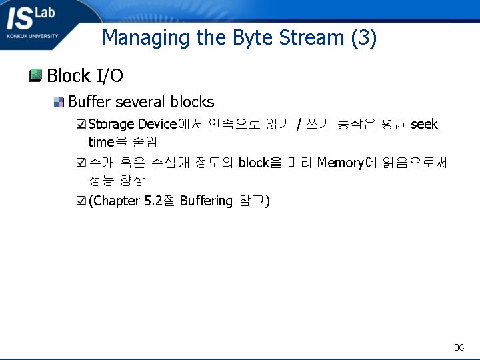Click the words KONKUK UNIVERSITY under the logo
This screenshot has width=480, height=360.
click(32, 36)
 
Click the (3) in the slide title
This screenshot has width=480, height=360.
click(363, 37)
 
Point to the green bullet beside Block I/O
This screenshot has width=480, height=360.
click(36, 75)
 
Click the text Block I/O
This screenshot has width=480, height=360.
click(85, 76)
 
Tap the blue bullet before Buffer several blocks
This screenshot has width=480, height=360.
click(59, 102)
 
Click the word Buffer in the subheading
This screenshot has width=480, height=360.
click(89, 102)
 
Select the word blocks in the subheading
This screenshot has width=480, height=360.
click(192, 102)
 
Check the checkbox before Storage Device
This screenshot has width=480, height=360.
click(81, 124)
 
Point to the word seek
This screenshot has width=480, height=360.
click(424, 124)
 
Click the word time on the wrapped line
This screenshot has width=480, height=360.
click(101, 142)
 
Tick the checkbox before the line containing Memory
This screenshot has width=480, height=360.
click(81, 162)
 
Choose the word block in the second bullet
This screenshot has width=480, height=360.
click(253, 162)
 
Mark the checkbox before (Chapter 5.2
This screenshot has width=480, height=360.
click(81, 201)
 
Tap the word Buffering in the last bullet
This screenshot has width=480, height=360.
click(206, 201)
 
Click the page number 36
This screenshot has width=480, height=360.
click(459, 347)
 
